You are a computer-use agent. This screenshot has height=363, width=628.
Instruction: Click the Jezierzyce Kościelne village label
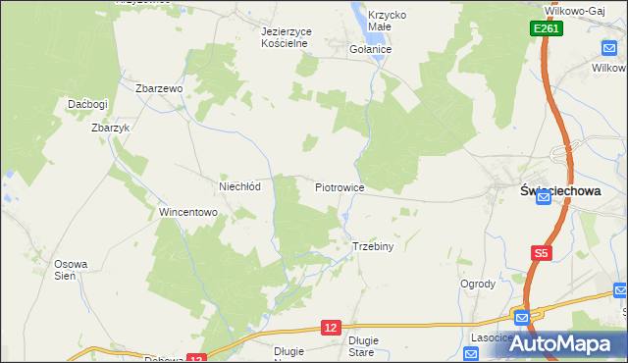[x=287, y=37]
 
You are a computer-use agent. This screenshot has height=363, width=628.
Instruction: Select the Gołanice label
[x=371, y=49]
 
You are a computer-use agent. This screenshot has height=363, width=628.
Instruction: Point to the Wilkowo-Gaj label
[x=580, y=11]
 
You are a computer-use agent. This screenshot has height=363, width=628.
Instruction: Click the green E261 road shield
[x=548, y=30]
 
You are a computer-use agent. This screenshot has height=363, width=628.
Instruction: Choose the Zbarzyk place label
[x=109, y=128]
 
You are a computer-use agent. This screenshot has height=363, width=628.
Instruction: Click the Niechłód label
[x=238, y=186]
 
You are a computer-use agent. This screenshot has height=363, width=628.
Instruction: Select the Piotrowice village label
[x=340, y=186]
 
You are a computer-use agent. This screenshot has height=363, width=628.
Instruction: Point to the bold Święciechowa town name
[x=560, y=193]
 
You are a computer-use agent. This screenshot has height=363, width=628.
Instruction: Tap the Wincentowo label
[x=187, y=212]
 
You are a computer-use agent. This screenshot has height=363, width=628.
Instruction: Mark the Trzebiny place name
[x=372, y=246]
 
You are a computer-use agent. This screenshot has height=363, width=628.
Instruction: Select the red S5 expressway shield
[x=542, y=253]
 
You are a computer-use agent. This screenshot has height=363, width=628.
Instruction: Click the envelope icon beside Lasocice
[x=522, y=317]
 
